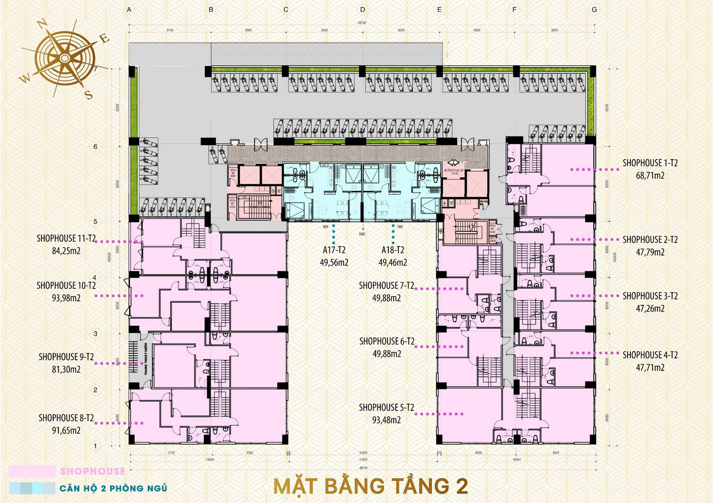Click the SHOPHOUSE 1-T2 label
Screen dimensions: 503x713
[x=650, y=163]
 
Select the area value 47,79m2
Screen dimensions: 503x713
[x=650, y=252]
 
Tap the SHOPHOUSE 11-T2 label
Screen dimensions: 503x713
[x=66, y=238]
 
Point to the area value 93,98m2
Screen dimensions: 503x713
[x=66, y=298]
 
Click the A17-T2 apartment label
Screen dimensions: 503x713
[x=334, y=250]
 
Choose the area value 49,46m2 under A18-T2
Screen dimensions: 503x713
[x=393, y=263]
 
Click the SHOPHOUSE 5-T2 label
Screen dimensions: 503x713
[x=386, y=408]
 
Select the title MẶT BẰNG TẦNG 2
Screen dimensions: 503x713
[x=371, y=486]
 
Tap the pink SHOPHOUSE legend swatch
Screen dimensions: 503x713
[x=32, y=471]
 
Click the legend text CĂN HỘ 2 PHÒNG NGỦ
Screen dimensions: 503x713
[x=113, y=488]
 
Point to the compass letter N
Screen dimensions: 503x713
[x=42, y=24]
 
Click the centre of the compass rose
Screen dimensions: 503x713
[x=65, y=58]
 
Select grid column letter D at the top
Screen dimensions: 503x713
[x=363, y=9]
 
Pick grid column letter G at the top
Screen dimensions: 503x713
[x=594, y=9]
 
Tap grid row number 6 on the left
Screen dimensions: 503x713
[x=95, y=146]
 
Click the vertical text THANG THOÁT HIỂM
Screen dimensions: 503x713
[x=145, y=359]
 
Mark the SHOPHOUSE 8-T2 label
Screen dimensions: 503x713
[x=66, y=418]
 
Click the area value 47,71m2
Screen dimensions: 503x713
[x=650, y=368]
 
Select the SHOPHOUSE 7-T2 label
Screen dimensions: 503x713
[x=386, y=285]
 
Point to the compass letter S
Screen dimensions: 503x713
[x=88, y=95]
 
